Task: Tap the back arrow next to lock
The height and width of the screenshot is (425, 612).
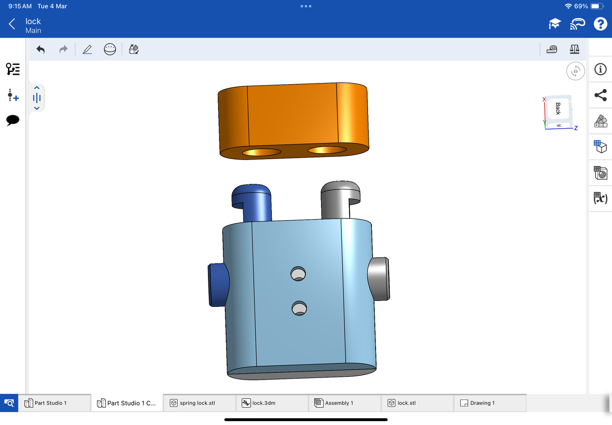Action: click(12, 24)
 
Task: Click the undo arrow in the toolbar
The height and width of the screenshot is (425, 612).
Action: click(40, 50)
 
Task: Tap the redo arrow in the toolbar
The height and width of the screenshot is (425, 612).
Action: click(64, 50)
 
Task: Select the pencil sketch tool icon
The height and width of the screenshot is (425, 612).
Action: click(87, 50)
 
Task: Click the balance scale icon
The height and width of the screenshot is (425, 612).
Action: click(574, 49)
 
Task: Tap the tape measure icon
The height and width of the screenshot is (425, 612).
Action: click(551, 50)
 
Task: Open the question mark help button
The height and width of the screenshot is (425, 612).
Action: click(600, 24)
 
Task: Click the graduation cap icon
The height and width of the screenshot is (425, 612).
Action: click(555, 24)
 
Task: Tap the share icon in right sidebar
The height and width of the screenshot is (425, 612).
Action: click(600, 95)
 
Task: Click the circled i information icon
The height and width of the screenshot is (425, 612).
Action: click(600, 69)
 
